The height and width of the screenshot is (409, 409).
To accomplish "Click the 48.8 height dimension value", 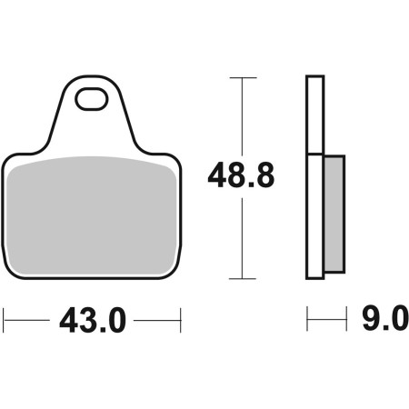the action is pyautogui.click(x=241, y=175).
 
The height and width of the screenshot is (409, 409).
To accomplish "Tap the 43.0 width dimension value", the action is pyautogui.click(x=93, y=320).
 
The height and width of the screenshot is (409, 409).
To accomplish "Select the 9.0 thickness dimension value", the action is pyautogui.click(x=384, y=317).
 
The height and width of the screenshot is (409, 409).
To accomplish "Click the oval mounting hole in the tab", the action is pyautogui.click(x=92, y=99).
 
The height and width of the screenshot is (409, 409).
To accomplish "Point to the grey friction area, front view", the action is pyautogui.click(x=91, y=215).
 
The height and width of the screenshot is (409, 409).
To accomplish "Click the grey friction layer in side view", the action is pyautogui.click(x=334, y=214).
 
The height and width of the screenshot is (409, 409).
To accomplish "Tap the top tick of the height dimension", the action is pyautogui.click(x=243, y=78).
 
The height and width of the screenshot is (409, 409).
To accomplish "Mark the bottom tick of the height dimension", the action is pyautogui.click(x=243, y=278).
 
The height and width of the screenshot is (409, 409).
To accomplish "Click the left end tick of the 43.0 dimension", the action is pyautogui.click(x=4, y=320).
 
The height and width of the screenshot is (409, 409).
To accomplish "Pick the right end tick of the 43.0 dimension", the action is pyautogui.click(x=181, y=320).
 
